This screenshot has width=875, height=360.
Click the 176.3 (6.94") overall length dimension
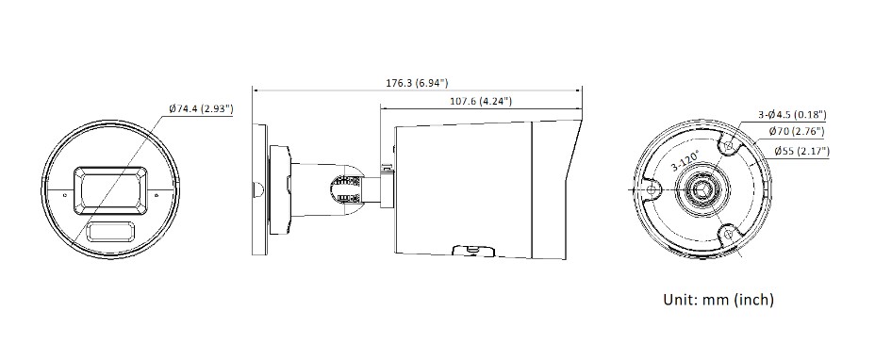pyautogui.click(x=417, y=83)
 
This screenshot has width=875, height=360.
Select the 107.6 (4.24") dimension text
pyautogui.click(x=481, y=101)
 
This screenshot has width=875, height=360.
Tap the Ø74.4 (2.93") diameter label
pyautogui.click(x=201, y=109)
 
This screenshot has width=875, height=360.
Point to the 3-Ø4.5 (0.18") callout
pyautogui.click(x=792, y=115)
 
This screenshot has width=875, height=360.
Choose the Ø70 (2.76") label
pyautogui.click(x=797, y=132)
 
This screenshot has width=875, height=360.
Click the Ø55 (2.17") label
pyautogui.click(x=801, y=151)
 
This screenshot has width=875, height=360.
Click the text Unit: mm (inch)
pyautogui.click(x=718, y=300)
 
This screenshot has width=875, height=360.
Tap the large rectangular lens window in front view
pyautogui.click(x=110, y=191)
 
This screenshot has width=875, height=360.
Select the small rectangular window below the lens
pyautogui.click(x=110, y=231)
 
